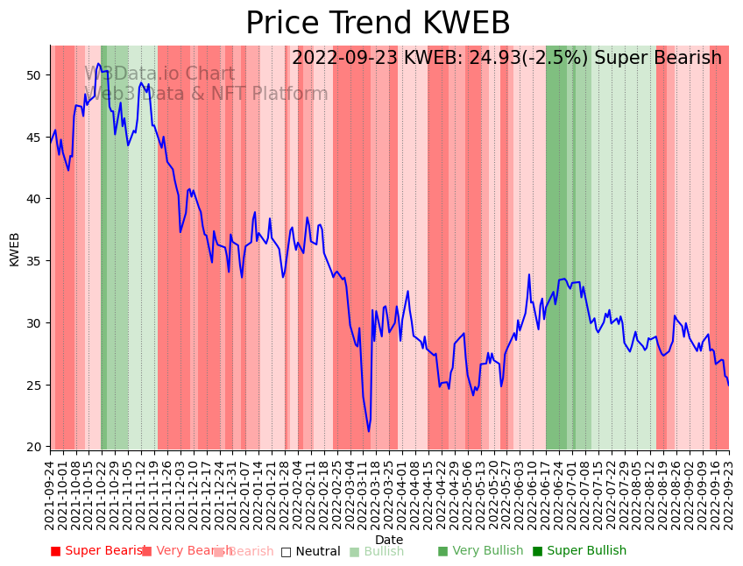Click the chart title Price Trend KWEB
[x=378, y=24]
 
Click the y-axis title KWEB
[x=14, y=249]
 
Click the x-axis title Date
[x=389, y=540]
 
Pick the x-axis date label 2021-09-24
[x=51, y=496]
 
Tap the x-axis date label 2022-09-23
[x=728, y=496]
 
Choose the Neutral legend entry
[x=310, y=552]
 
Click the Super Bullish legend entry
[x=579, y=551]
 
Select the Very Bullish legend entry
[x=480, y=551]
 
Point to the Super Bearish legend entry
[x=98, y=551]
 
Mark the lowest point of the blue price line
[x=369, y=430]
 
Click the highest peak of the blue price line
[x=99, y=64]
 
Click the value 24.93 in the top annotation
[x=478, y=59]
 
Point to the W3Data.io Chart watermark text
[x=159, y=74]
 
